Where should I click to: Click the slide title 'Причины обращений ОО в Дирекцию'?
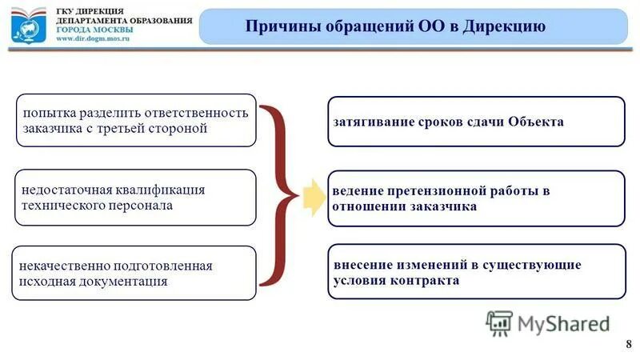[395, 26]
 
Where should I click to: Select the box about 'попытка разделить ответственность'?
[136, 120]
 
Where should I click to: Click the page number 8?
[626, 343]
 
